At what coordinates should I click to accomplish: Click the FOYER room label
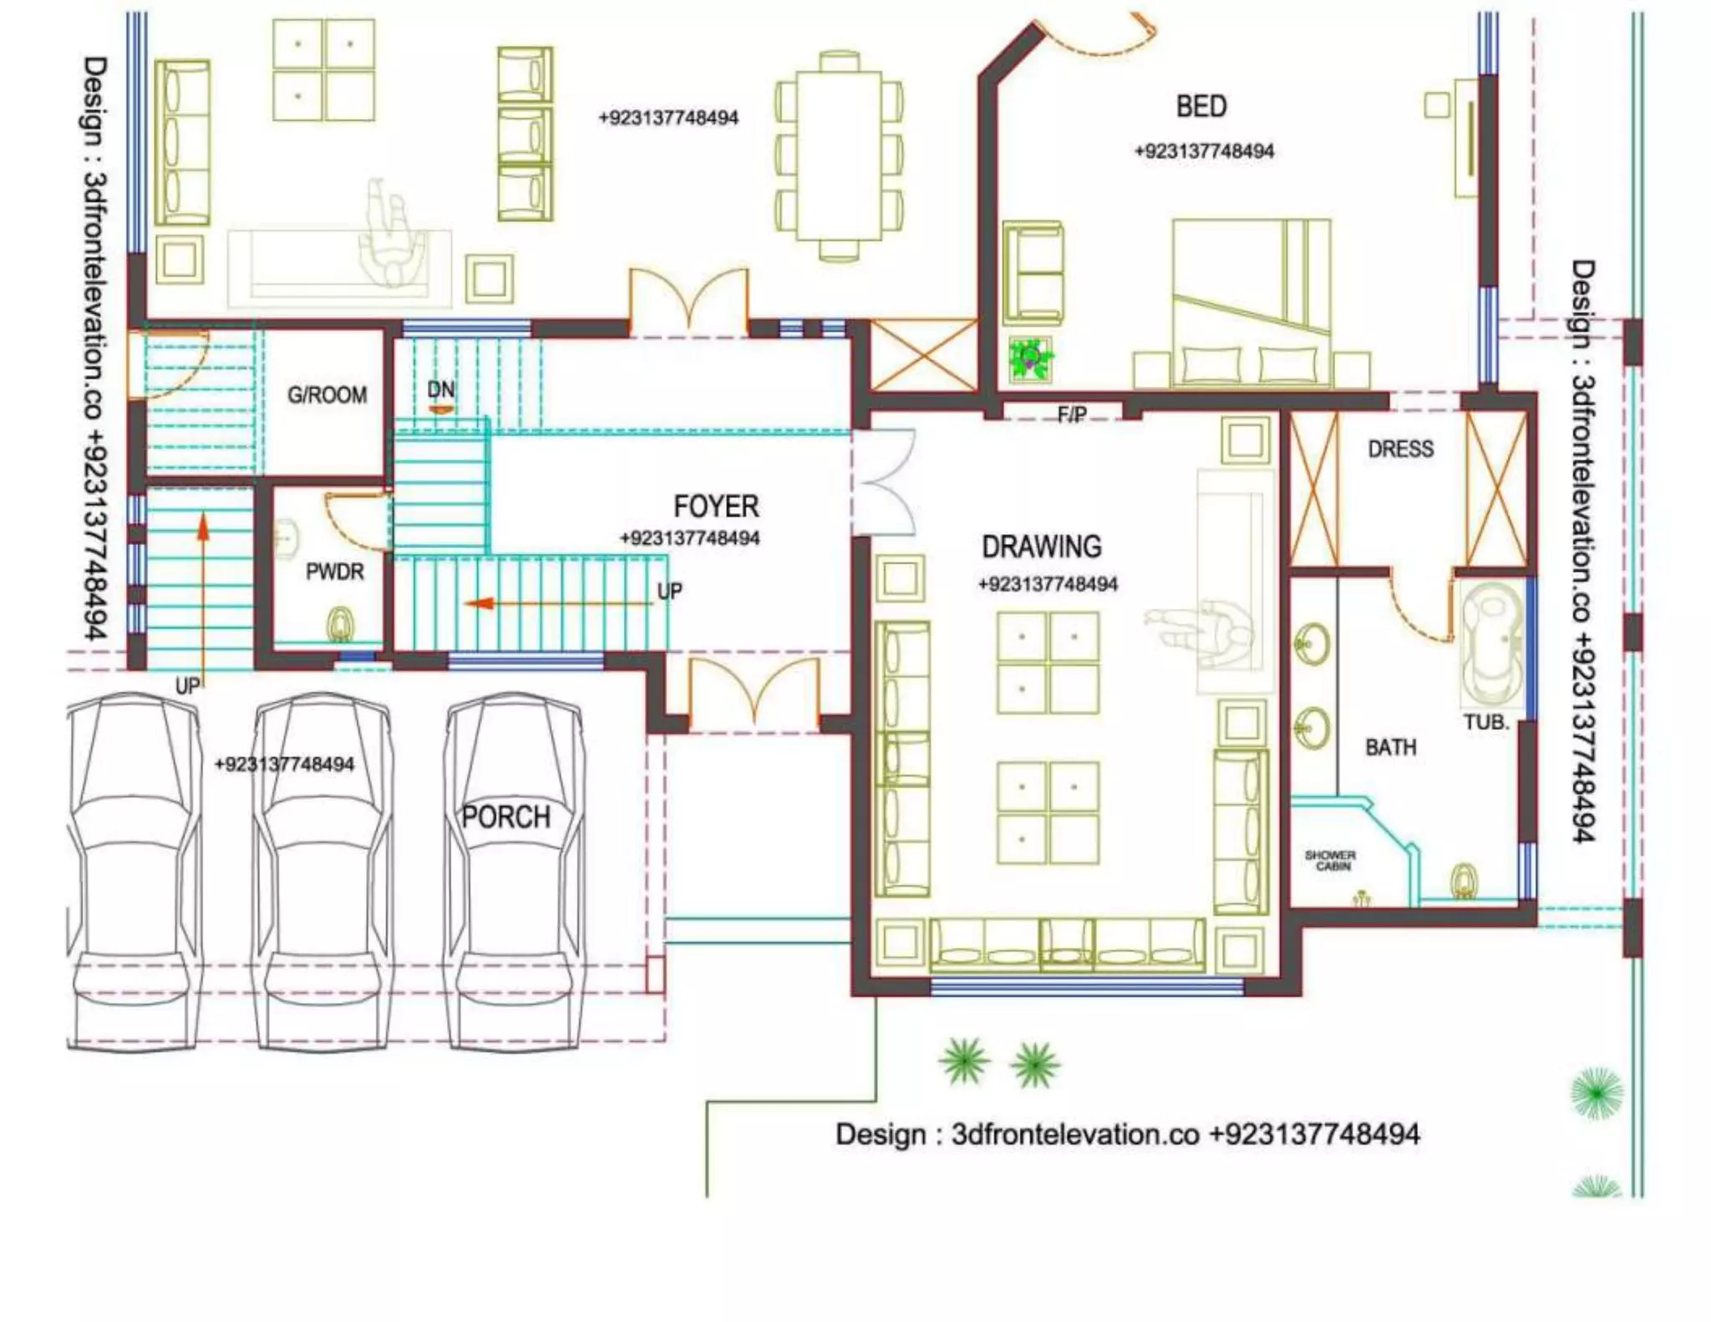tap(716, 506)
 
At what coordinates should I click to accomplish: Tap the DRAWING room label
tap(1041, 547)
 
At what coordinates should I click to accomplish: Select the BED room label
tap(1201, 107)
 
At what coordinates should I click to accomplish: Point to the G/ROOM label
tap(327, 395)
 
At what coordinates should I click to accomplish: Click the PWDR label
tap(334, 572)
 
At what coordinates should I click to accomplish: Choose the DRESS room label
tap(1400, 450)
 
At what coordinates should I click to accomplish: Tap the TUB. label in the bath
tap(1485, 722)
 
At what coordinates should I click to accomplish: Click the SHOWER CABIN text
tap(1330, 861)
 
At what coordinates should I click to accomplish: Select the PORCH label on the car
tap(506, 816)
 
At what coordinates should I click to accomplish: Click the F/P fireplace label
tap(1072, 414)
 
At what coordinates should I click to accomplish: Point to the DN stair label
tap(440, 389)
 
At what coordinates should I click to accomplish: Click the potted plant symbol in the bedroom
tap(1030, 360)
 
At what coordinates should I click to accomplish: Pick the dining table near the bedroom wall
tap(839, 155)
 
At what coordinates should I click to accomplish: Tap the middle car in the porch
tap(322, 869)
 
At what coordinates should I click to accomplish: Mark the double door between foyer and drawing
tap(886, 482)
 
